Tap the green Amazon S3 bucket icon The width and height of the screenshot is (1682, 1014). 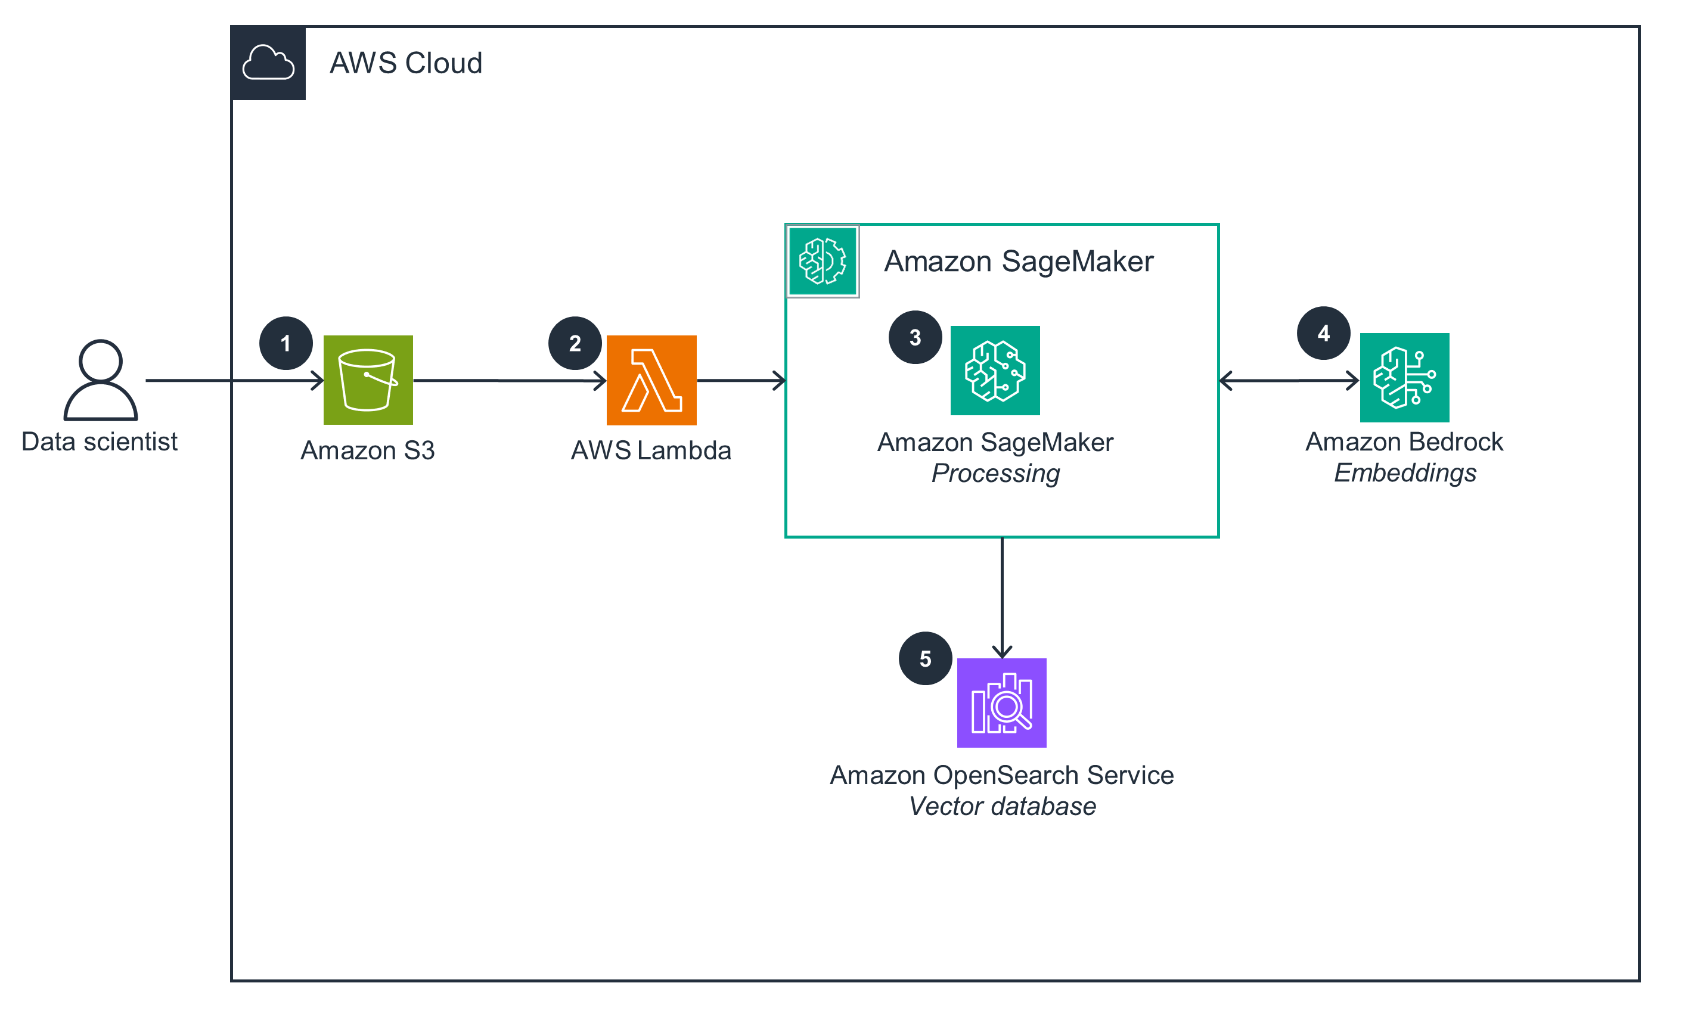point(368,380)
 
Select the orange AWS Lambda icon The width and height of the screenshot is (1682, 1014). point(651,380)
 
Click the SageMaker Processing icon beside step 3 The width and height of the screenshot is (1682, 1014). point(995,370)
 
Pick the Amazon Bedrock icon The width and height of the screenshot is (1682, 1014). point(1404,377)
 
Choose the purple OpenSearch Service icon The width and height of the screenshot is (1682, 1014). point(1001,702)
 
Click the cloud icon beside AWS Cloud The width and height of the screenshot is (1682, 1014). point(268,63)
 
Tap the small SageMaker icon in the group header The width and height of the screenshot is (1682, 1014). point(823,261)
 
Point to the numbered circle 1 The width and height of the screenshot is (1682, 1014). point(285,343)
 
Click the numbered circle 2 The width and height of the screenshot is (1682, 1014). point(575,343)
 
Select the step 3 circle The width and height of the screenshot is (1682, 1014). point(915,337)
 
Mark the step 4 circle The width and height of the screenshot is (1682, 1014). point(1323,332)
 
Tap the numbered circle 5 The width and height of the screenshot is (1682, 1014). point(925,658)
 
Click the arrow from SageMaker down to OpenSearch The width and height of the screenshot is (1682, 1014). point(1001,597)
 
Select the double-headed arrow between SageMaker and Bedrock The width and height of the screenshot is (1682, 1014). point(1288,380)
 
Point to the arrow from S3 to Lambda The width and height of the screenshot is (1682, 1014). point(509,380)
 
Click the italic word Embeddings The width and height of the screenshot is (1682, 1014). point(1405,472)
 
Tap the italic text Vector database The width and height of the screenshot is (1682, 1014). point(1001,806)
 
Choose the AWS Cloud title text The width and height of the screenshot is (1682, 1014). point(405,63)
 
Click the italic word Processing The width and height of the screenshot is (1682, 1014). point(995,473)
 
